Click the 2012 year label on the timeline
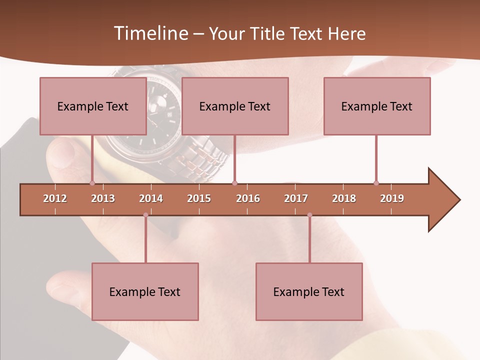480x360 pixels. coord(55,198)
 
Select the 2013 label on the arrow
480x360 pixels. coord(103,198)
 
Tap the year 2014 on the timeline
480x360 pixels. coord(151,198)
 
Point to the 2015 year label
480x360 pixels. coord(199,198)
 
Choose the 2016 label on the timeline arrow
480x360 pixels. coord(248,198)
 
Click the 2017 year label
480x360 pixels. coord(296,198)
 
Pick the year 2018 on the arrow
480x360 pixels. coord(344,198)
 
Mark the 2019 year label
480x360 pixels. coord(392,198)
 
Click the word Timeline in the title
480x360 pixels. coord(150,33)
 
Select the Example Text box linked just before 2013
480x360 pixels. coord(93,106)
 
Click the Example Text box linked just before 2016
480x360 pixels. coord(235,106)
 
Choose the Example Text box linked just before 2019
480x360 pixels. coord(377,106)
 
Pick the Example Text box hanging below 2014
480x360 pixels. coord(145,291)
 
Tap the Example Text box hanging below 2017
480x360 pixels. coord(309,291)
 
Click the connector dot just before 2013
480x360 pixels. coord(92,183)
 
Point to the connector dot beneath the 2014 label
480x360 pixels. coord(145,215)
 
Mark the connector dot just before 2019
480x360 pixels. coord(376,183)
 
